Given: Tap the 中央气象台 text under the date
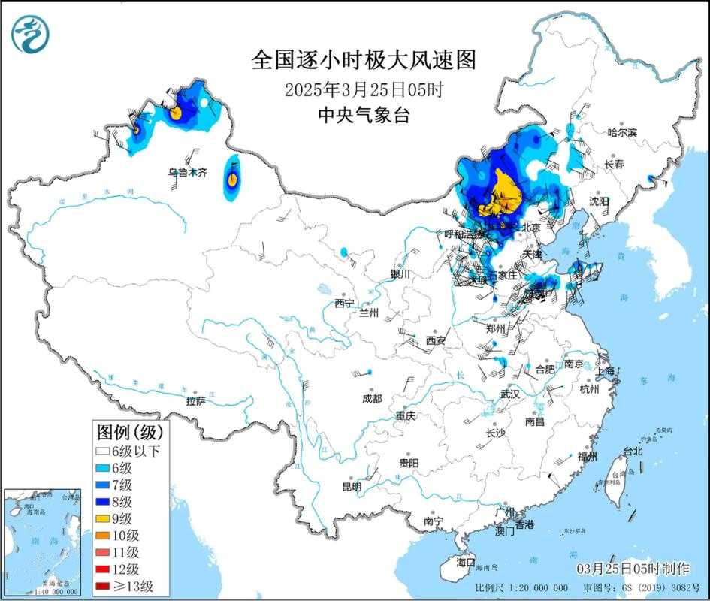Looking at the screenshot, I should coord(364,116).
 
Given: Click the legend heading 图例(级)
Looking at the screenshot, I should coord(128,432).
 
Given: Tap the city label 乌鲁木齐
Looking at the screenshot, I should coord(187,173).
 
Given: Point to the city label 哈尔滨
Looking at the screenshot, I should coord(621,133).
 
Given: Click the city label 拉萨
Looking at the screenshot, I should coord(196,401).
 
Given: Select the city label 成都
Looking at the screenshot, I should coord(371,399).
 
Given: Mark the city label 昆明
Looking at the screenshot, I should coord(352,487).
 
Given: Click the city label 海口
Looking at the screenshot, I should coord(466,562).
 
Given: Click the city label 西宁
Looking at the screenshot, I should coord(344,304).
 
